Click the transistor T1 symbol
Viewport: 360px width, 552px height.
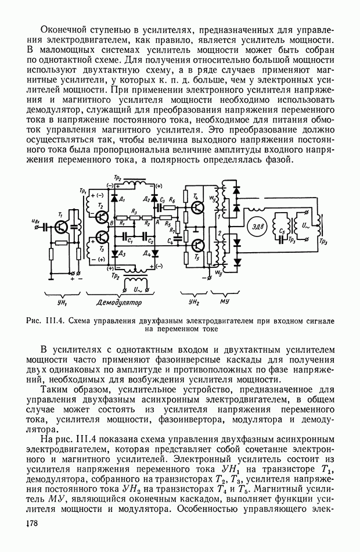click(x=60, y=227)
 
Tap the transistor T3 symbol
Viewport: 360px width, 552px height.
click(x=103, y=237)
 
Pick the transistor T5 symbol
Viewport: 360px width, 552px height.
click(x=197, y=246)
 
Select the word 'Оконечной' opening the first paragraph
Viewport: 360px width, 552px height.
click(x=64, y=28)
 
